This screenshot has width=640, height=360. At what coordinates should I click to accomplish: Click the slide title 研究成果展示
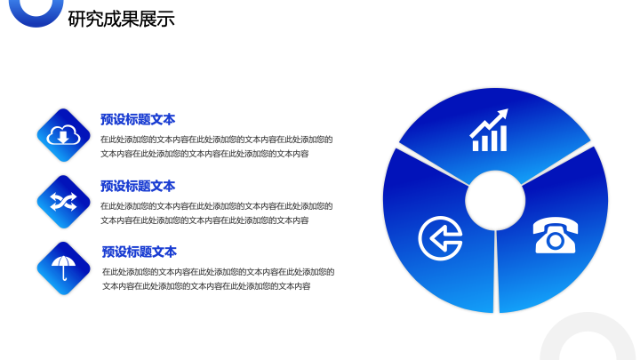click(x=121, y=19)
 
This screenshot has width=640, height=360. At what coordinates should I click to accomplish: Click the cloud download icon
click(x=63, y=135)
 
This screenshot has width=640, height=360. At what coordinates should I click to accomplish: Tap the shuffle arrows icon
click(x=63, y=202)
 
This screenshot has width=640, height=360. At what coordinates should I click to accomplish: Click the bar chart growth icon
click(x=489, y=130)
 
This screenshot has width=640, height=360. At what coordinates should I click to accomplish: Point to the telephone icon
click(x=555, y=236)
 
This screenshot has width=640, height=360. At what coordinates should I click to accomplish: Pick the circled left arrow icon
click(x=440, y=238)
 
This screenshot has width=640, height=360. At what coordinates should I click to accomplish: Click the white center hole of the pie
click(x=495, y=200)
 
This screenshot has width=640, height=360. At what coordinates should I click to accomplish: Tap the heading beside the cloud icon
click(x=138, y=120)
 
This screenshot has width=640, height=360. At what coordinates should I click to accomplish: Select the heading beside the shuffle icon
click(x=138, y=186)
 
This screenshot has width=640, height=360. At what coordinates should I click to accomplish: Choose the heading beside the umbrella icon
click(x=140, y=252)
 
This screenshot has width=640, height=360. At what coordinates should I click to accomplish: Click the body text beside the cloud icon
click(x=217, y=147)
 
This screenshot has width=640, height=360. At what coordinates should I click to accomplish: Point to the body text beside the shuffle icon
click(x=217, y=213)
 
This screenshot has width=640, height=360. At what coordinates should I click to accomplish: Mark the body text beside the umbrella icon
click(x=219, y=279)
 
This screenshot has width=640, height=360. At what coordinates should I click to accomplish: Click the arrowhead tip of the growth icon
click(x=508, y=109)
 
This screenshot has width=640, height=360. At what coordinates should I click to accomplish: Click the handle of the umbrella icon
click(x=64, y=274)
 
